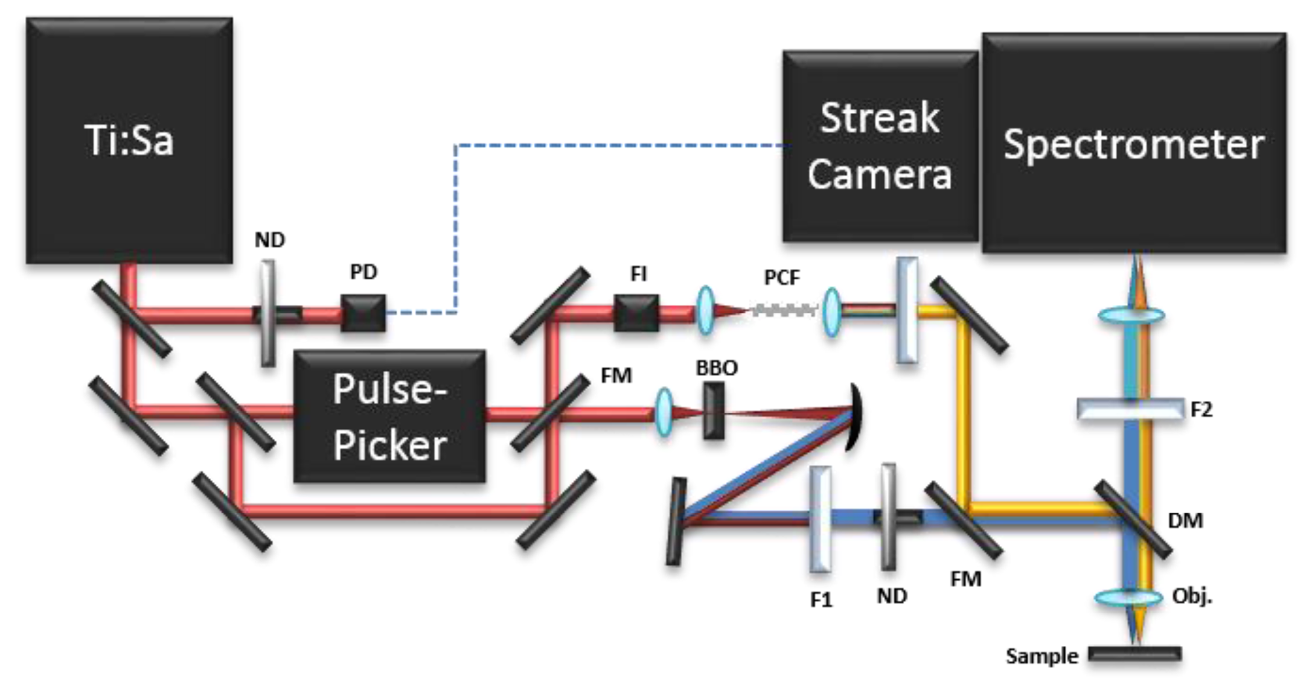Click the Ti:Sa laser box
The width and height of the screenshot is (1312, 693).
point(129,140)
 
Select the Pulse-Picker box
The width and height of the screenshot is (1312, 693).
point(389,416)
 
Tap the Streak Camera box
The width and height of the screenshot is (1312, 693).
point(879,146)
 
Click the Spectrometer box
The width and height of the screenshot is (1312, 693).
point(1133,143)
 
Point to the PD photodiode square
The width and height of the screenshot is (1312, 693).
point(363,313)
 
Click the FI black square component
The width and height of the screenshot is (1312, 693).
point(636,313)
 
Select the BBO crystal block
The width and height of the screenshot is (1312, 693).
point(714,410)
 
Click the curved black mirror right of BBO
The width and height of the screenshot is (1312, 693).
point(854,416)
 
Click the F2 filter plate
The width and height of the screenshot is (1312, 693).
point(1129,408)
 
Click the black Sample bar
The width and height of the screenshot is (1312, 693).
point(1135,654)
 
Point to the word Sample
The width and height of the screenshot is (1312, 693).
point(1042,656)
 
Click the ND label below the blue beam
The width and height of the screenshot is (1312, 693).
point(892,596)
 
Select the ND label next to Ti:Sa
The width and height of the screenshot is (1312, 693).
point(269,240)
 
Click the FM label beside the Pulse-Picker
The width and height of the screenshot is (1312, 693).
point(616,376)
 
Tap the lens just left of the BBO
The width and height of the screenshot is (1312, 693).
point(664,413)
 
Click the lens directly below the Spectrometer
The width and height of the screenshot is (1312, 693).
point(1131,316)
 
